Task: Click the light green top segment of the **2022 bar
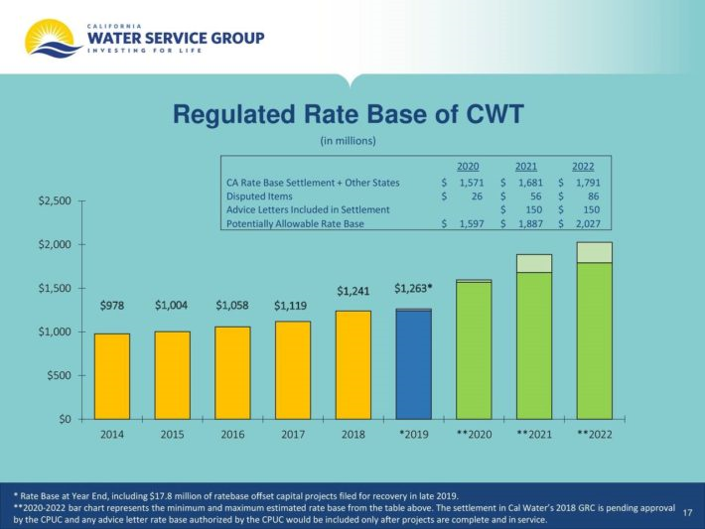click(595, 252)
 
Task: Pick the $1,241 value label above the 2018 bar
click(353, 291)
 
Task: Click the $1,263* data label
click(413, 288)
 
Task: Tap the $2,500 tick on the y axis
click(54, 201)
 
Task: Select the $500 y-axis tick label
click(60, 375)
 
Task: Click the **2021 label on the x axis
click(534, 435)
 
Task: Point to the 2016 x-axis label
click(232, 435)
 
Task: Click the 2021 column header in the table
click(526, 166)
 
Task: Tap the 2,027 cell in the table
click(586, 224)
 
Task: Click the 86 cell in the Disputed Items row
click(593, 196)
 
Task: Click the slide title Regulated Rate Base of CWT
click(348, 115)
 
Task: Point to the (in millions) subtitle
click(348, 141)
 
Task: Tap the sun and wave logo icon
click(50, 37)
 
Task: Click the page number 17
click(687, 511)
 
